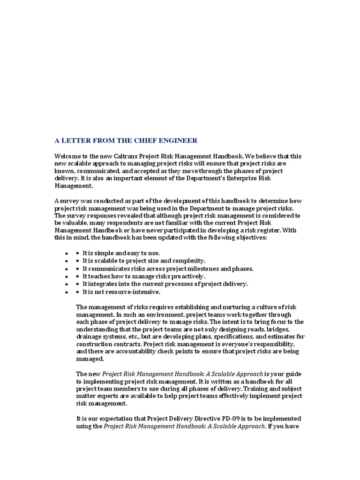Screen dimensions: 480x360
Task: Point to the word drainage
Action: point(89,337)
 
